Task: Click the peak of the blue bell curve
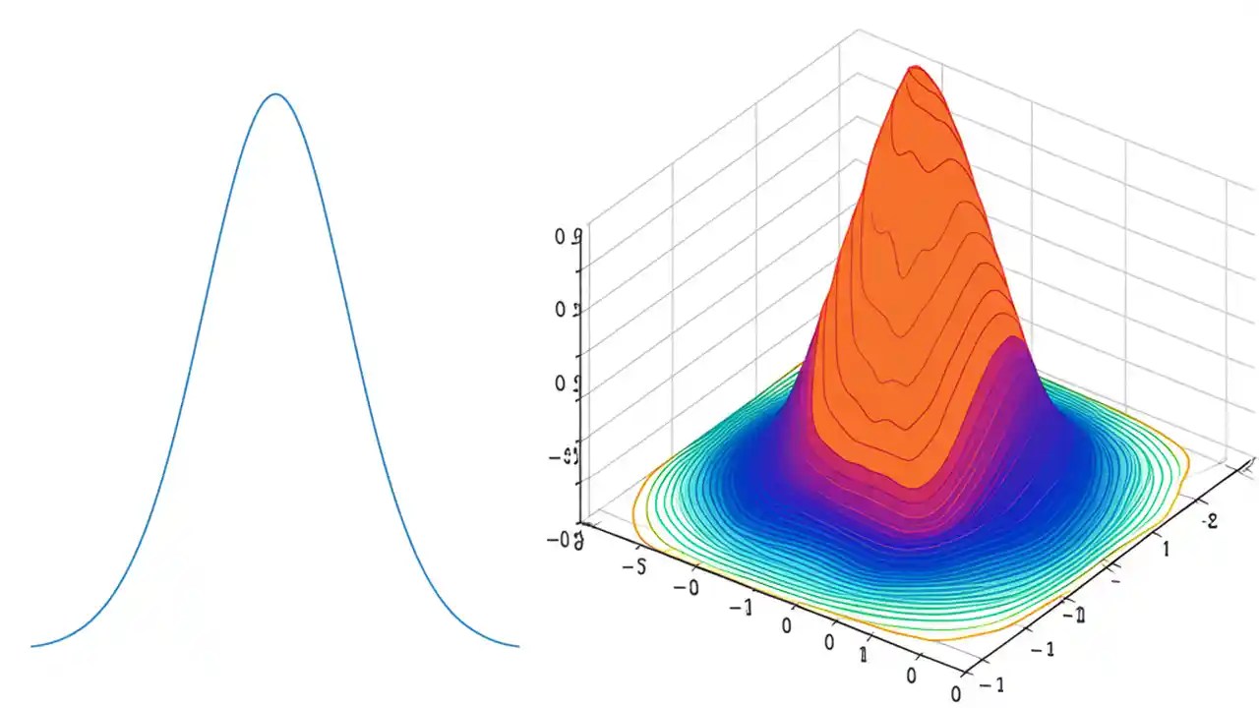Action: tap(276, 94)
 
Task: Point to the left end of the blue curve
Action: tap(32, 646)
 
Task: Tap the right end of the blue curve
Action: tap(517, 646)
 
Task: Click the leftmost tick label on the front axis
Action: tap(634, 568)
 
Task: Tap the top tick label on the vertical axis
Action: tap(567, 237)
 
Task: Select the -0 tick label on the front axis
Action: tap(686, 587)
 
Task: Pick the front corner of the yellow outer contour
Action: tap(944, 639)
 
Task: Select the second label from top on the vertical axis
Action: tap(567, 310)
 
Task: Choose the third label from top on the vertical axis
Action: tap(567, 383)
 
